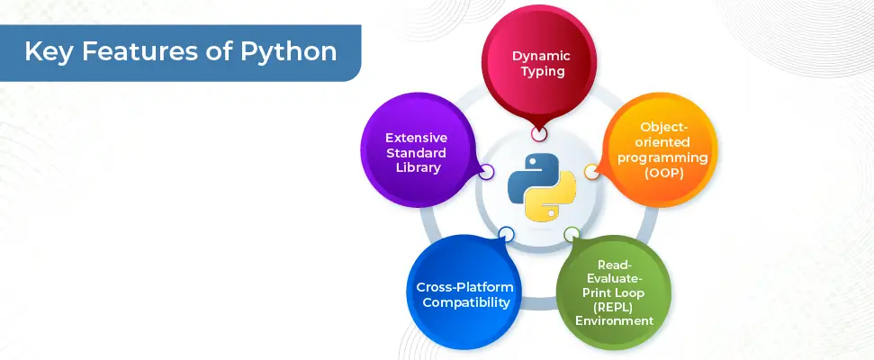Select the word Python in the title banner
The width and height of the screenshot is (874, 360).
pyautogui.click(x=288, y=53)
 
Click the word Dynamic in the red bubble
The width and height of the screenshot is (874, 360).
pyautogui.click(x=541, y=56)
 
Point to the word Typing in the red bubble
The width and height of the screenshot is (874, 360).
pyautogui.click(x=541, y=71)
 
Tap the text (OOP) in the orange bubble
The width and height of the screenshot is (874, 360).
pyautogui.click(x=662, y=173)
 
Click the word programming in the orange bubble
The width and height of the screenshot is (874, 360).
pyautogui.click(x=662, y=157)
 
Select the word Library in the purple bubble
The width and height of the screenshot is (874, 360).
pyautogui.click(x=419, y=167)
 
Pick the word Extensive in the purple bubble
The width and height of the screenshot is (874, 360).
pyautogui.click(x=417, y=138)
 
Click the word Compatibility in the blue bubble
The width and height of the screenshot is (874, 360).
pyautogui.click(x=466, y=302)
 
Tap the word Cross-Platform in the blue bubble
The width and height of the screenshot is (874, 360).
pyautogui.click(x=464, y=288)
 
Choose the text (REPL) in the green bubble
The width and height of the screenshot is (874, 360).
pyautogui.click(x=614, y=307)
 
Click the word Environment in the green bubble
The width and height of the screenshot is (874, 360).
pyautogui.click(x=614, y=321)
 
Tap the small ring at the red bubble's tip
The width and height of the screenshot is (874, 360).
pyautogui.click(x=539, y=134)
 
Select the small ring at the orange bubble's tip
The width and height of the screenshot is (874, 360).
pyautogui.click(x=591, y=172)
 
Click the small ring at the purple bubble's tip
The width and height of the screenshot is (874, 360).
pyautogui.click(x=486, y=172)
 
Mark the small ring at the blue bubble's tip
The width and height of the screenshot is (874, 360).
pyautogui.click(x=506, y=235)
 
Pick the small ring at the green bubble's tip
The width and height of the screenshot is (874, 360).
pyautogui.click(x=572, y=234)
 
